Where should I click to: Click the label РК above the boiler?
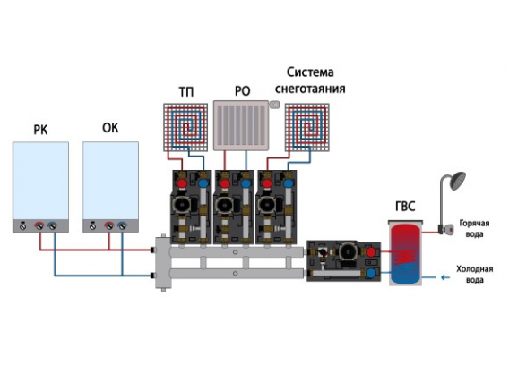click(x=40, y=130)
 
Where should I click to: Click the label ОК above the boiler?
click(x=110, y=128)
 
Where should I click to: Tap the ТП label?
click(x=186, y=92)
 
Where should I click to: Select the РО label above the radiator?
click(x=243, y=91)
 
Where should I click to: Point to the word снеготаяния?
click(x=310, y=89)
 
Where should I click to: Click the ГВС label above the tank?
click(x=405, y=206)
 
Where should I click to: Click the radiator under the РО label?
click(x=241, y=125)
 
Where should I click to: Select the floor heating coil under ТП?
click(x=185, y=127)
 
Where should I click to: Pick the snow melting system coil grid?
click(x=307, y=127)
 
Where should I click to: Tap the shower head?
click(x=458, y=181)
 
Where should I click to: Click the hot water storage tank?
click(x=405, y=253)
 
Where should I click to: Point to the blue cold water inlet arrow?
click(x=445, y=277)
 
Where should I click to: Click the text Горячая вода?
click(x=474, y=228)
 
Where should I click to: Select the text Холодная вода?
click(x=475, y=275)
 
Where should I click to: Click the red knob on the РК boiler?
click(x=39, y=225)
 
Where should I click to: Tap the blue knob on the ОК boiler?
click(x=122, y=225)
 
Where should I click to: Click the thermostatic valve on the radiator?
click(x=274, y=104)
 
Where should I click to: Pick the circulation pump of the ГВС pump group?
click(x=348, y=252)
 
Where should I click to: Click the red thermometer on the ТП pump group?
click(x=183, y=183)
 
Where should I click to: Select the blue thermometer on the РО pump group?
click(x=246, y=183)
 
